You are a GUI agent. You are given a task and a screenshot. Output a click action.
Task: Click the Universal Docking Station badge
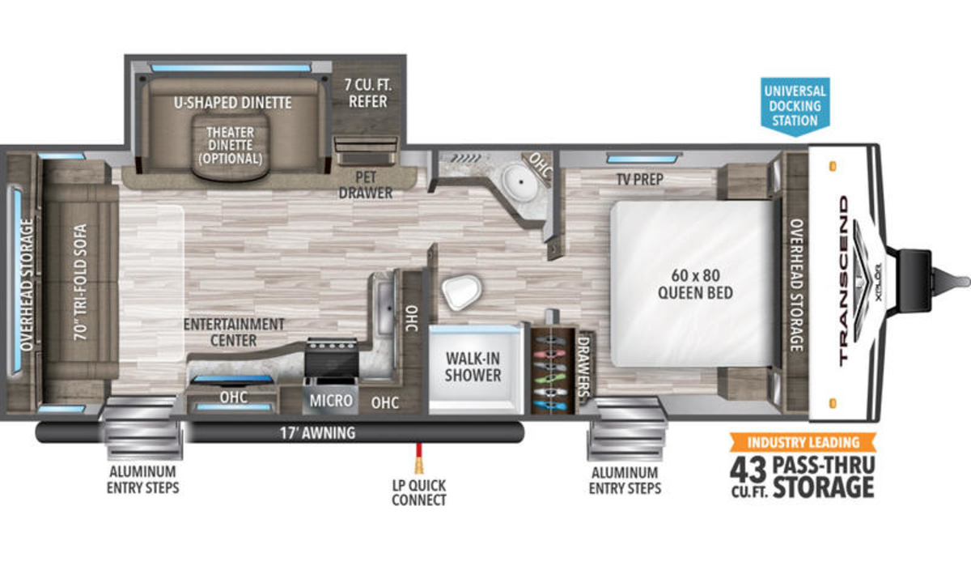pyautogui.click(x=795, y=106)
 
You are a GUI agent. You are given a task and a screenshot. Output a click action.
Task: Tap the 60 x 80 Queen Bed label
pyautogui.click(x=695, y=284)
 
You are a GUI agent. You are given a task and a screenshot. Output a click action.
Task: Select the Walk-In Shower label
pyautogui.click(x=473, y=367)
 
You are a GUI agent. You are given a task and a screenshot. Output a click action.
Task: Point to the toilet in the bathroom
pyautogui.click(x=462, y=291)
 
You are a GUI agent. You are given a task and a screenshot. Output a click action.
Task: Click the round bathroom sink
pyautogui.click(x=520, y=183)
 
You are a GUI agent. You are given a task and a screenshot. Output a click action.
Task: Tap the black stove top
pyautogui.click(x=332, y=357)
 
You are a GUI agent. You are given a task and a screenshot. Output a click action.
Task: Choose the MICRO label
pyautogui.click(x=331, y=401)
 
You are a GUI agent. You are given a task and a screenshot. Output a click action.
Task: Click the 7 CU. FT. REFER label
pyautogui.click(x=368, y=93)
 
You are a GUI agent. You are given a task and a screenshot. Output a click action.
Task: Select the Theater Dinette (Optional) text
pyautogui.click(x=230, y=145)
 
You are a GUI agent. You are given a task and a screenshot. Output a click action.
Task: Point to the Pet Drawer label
pyautogui.click(x=366, y=185)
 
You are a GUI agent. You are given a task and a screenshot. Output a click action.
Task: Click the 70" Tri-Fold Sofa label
pyautogui.click(x=80, y=282)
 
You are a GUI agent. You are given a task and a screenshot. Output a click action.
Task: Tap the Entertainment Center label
pyautogui.click(x=234, y=332)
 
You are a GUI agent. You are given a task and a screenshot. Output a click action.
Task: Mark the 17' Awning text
pyautogui.click(x=318, y=433)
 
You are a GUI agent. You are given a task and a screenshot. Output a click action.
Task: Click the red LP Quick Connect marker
pyautogui.click(x=419, y=458)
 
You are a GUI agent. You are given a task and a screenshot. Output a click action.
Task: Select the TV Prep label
pyautogui.click(x=640, y=179)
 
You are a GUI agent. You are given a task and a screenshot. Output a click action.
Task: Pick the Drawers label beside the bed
pyautogui.click(x=583, y=367)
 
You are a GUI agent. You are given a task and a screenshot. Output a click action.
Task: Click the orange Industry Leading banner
pyautogui.click(x=803, y=442)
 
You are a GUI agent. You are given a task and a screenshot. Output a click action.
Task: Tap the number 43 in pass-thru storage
pyautogui.click(x=748, y=470)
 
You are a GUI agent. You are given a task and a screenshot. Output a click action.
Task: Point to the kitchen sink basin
pyautogui.click(x=384, y=308)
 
